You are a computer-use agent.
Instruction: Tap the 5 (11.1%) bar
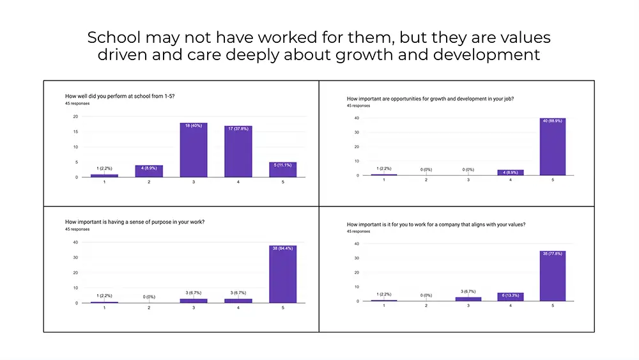282,169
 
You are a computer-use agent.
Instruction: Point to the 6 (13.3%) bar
510,297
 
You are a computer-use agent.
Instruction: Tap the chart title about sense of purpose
139,222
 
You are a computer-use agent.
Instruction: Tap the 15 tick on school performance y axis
76,132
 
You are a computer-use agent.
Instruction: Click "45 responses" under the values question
358,231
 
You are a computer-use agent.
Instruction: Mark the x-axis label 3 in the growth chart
468,180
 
